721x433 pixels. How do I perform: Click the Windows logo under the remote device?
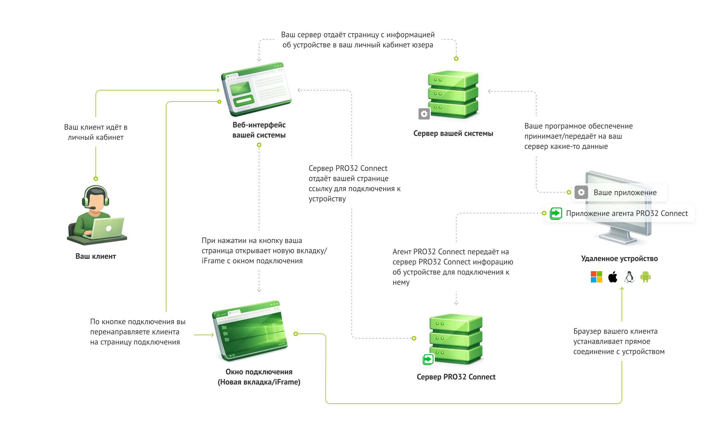coord(596,277)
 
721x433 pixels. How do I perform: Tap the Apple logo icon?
coord(613,277)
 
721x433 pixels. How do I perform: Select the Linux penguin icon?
coord(629,277)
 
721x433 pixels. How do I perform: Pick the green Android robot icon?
coord(645,277)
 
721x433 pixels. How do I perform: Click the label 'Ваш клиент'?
coord(95,256)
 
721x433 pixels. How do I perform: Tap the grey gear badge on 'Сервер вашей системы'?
coord(424,114)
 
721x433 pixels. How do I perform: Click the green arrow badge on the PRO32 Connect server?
coord(428,359)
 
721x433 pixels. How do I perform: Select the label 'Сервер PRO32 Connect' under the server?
coord(456,377)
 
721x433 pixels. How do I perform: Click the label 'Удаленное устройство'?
coord(619,259)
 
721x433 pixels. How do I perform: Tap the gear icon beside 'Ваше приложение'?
coord(581,192)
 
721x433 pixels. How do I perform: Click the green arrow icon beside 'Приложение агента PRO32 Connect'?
coord(556,213)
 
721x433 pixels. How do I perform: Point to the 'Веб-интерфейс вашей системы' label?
coord(259,130)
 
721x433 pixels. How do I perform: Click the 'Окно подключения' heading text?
coord(259,372)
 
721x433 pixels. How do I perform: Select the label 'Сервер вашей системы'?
coord(453,133)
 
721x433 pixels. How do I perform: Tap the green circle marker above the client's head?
coord(95,178)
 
